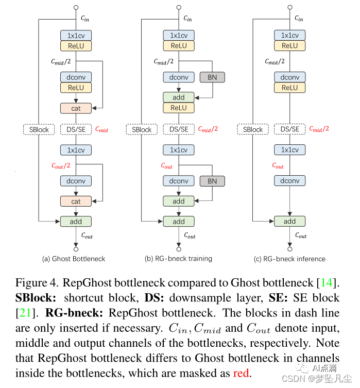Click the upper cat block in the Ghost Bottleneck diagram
coord(76,108)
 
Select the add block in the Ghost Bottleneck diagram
coord(76,222)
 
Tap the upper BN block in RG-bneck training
coord(212,77)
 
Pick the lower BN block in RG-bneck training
coord(212,181)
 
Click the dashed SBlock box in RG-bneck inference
coord(253,129)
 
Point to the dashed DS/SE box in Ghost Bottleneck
coord(76,129)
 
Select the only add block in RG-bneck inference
coord(289,222)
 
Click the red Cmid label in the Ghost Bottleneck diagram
coord(101,130)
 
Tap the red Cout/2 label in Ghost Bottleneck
coord(60,165)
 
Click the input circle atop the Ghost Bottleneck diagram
coord(76,8)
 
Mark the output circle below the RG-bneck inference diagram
coord(289,246)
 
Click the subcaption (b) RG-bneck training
coord(179,259)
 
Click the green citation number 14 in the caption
coord(327,282)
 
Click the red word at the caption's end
coord(241,373)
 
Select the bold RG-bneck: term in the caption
coord(71,313)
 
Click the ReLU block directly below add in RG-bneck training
coord(179,108)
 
